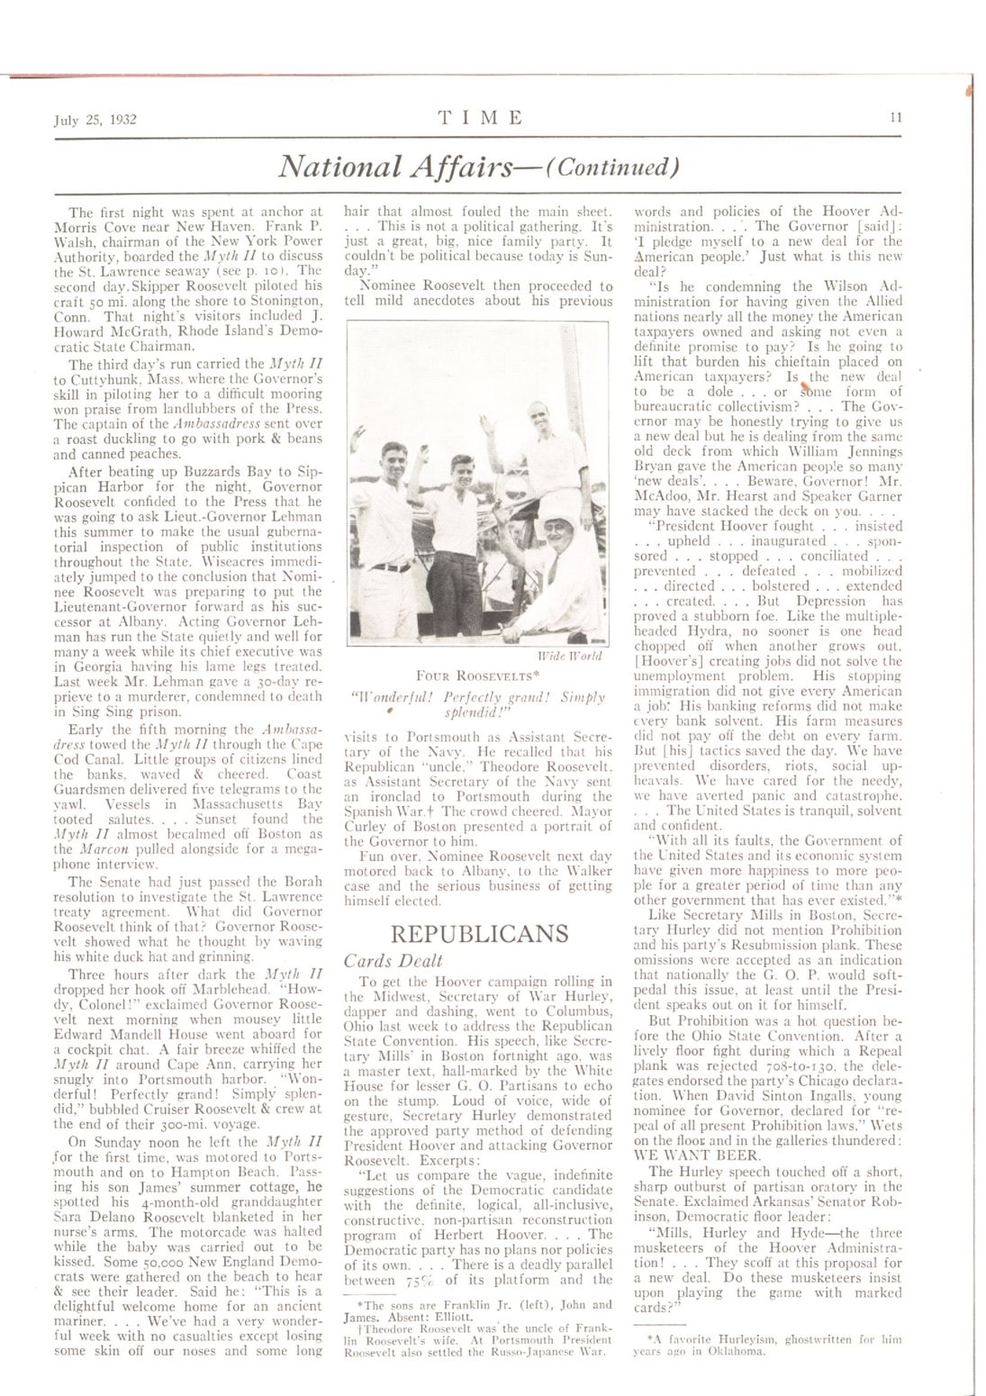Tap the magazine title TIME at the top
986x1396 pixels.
[480, 117]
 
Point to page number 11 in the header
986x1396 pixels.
[896, 116]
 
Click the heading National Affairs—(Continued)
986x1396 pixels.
[479, 168]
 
